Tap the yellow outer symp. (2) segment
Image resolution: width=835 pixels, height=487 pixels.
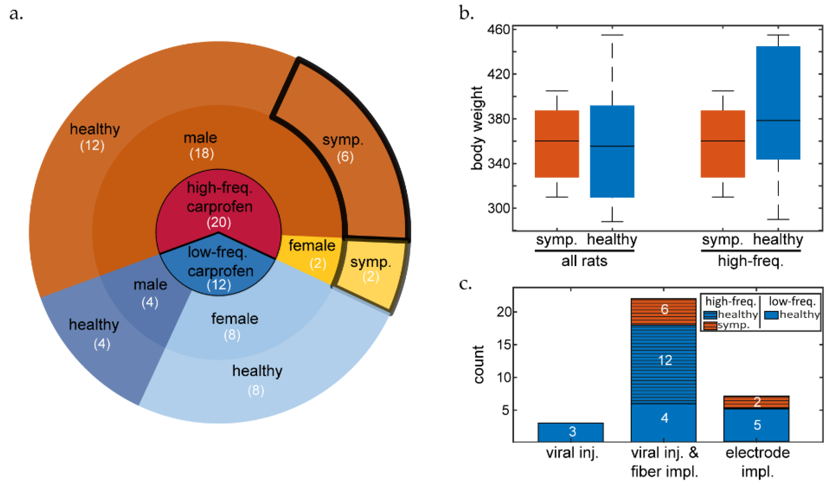tap(370, 270)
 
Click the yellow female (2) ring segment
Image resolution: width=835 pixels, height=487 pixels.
tap(311, 253)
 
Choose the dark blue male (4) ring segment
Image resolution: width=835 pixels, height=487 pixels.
tap(150, 293)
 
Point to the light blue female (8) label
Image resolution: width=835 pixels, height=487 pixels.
tap(234, 326)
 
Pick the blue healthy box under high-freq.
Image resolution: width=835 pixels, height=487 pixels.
tap(778, 103)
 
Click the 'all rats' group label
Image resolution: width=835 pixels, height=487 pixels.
tap(584, 261)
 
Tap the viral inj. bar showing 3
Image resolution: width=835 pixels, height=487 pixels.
tap(571, 432)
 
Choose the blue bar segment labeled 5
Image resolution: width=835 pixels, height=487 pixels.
tap(756, 425)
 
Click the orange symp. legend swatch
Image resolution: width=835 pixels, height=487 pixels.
tap(710, 325)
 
